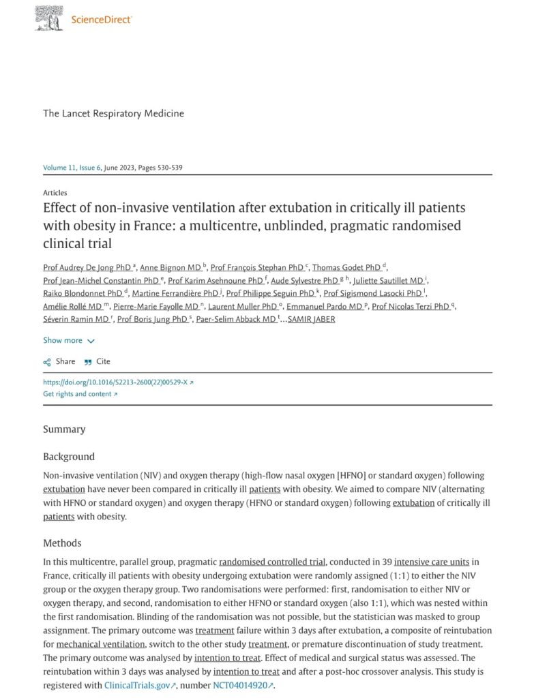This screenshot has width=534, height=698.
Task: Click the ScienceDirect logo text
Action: click(102, 19)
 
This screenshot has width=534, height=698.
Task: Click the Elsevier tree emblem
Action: click(49, 18)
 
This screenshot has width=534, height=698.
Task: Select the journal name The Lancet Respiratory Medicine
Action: click(113, 113)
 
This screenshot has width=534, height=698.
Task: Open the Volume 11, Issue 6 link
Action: click(72, 168)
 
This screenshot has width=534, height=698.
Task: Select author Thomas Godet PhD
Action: click(346, 267)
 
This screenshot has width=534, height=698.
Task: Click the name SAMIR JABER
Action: click(312, 319)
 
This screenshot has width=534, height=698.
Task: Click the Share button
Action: click(59, 361)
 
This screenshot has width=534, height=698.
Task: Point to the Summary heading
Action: click(64, 429)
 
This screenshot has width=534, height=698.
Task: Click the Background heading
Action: click(69, 457)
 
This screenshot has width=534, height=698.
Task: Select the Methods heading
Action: click(62, 543)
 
